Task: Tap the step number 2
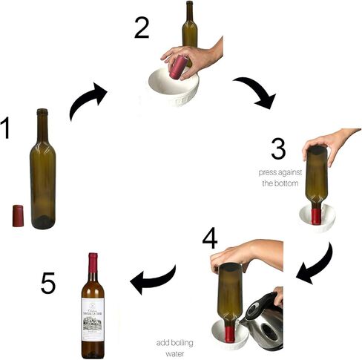click(x=142, y=27)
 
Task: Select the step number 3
click(x=277, y=148)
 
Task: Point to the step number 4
click(x=211, y=238)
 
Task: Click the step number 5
click(x=47, y=282)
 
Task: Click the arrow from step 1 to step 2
click(x=88, y=102)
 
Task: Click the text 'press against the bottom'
click(x=278, y=177)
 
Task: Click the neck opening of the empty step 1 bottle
click(x=42, y=111)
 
